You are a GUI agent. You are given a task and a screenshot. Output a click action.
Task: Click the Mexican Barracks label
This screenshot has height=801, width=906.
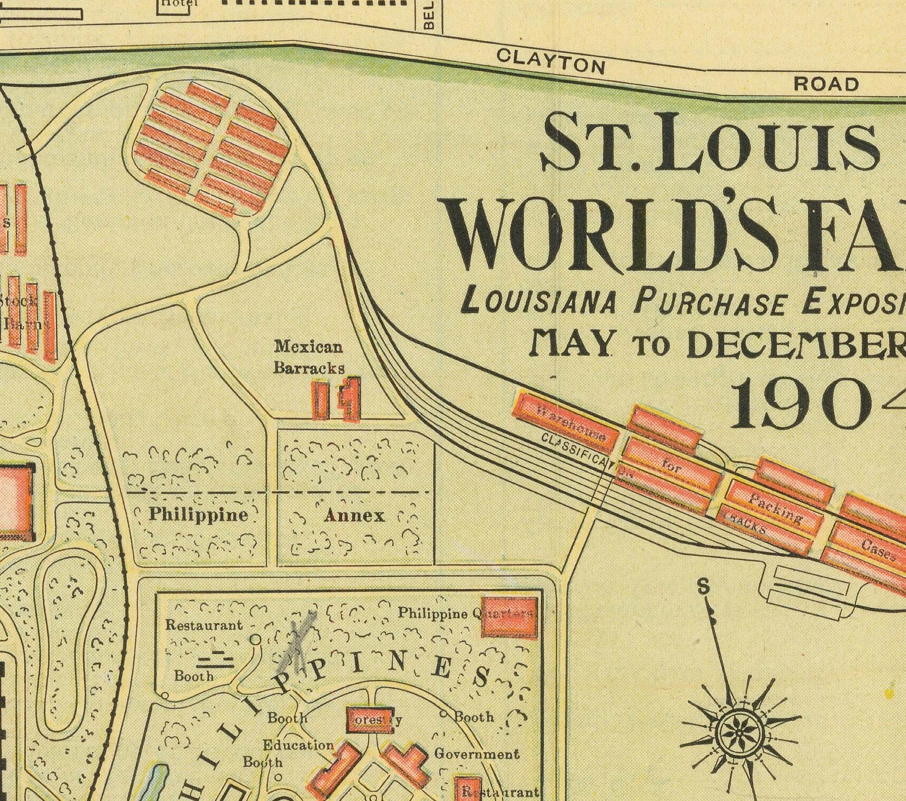pos(309,357)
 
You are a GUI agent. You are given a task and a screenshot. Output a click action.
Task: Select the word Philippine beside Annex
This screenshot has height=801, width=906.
pos(199,515)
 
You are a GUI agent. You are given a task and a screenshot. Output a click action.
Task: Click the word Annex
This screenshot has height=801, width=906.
pos(354,516)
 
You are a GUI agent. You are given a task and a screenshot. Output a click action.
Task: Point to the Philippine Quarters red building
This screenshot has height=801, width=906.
pos(508,617)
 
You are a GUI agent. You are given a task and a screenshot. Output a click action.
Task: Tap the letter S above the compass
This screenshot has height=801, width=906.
pos(703,587)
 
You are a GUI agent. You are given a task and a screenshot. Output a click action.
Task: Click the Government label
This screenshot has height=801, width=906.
pos(476,754)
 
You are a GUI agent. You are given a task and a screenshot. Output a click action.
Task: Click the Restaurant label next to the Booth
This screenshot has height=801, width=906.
pos(204,625)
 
